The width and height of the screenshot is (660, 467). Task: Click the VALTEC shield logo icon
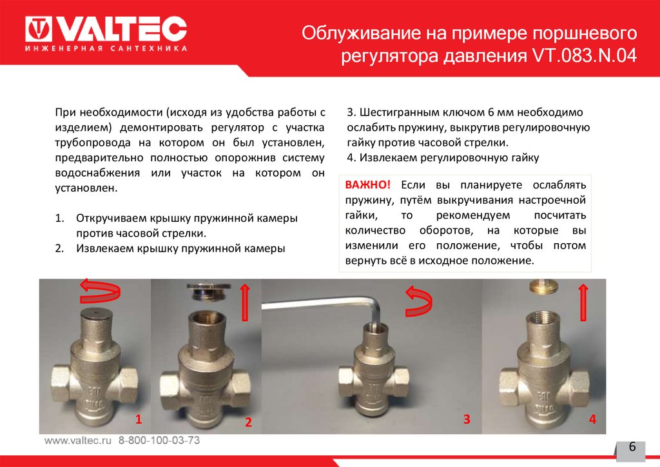click(38, 29)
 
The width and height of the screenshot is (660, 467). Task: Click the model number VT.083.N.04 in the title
click(585, 55)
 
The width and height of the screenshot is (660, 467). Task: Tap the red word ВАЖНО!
click(367, 184)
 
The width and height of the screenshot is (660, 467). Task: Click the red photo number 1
click(138, 419)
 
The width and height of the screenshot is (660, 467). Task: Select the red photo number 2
click(248, 422)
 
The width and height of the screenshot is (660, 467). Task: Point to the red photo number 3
click(467, 419)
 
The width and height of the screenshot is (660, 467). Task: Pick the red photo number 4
click(592, 419)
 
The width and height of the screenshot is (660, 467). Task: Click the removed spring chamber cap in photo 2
click(209, 290)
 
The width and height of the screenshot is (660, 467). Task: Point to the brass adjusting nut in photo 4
click(543, 287)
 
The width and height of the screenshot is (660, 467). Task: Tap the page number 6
click(632, 447)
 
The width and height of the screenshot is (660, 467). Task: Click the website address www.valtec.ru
click(78, 441)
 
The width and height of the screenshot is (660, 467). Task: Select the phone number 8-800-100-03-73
click(159, 441)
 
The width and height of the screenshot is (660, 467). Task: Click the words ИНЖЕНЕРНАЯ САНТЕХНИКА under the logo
click(106, 48)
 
